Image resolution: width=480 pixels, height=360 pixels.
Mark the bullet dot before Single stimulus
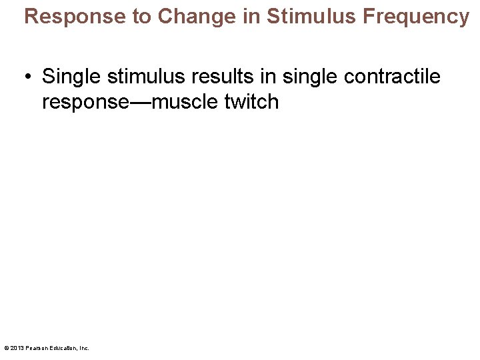coord(29,77)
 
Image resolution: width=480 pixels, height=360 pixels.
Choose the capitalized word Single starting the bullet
coord(71,77)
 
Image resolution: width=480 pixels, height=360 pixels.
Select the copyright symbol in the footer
coord(6,348)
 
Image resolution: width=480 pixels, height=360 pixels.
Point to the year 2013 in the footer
coord(16,348)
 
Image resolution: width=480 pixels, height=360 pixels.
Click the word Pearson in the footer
coord(35,348)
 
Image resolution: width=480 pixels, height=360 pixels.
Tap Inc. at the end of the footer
coord(84,348)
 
